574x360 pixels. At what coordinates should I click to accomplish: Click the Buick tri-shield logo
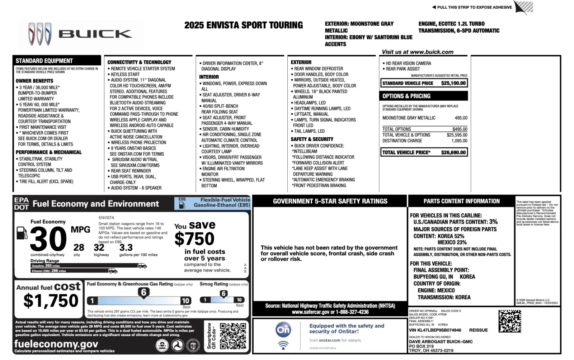coord(39,34)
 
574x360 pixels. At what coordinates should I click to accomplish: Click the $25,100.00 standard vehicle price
coord(453,83)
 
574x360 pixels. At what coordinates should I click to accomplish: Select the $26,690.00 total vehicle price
coord(453,152)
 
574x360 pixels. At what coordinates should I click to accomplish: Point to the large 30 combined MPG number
coord(48,239)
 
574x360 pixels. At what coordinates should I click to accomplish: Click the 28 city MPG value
coord(79,248)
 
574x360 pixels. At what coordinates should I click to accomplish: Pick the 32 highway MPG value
coord(99,248)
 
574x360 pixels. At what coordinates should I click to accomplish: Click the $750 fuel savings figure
coord(194,239)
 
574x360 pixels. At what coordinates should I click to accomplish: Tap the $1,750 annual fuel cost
coord(51,301)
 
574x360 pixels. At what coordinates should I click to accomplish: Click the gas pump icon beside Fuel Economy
coord(22,233)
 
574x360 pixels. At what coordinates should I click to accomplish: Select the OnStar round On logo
coord(283,330)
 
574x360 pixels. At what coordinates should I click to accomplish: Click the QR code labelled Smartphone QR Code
coord(233,336)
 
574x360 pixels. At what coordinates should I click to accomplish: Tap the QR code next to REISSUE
coord(509,321)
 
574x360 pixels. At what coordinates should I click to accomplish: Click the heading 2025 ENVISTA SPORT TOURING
coord(243,25)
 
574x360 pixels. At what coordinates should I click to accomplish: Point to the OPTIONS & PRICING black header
coord(424,96)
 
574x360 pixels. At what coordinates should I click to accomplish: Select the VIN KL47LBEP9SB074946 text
coord(435,330)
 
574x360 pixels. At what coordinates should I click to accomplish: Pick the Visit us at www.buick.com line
coord(417,52)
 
